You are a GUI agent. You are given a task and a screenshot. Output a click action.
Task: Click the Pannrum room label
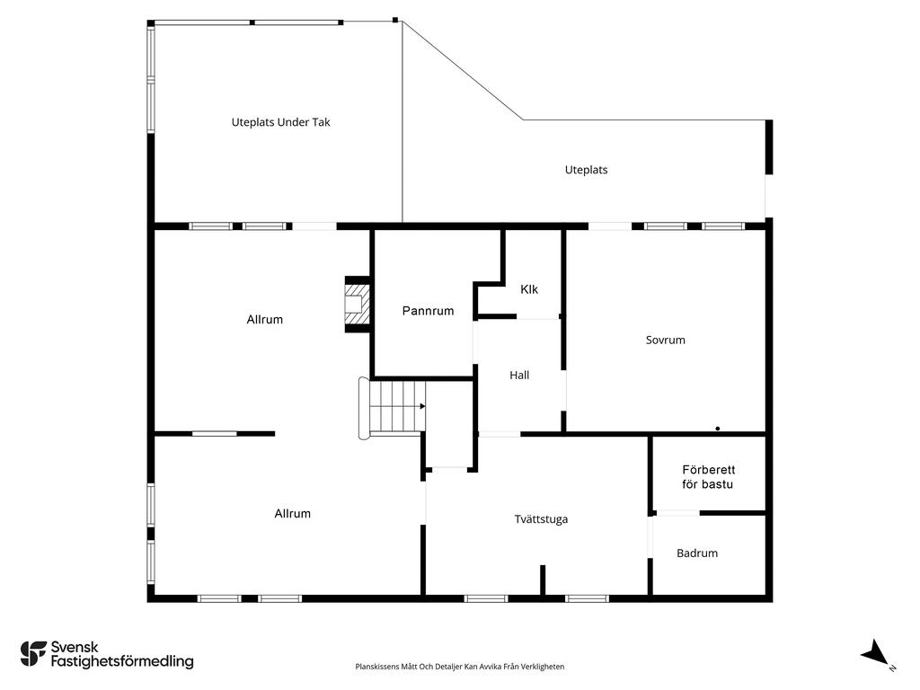click(x=428, y=311)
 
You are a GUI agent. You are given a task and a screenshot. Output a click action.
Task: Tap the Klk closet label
click(x=528, y=289)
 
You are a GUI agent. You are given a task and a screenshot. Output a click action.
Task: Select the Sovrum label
click(x=666, y=340)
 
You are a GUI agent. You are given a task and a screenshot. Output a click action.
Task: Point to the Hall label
click(x=519, y=375)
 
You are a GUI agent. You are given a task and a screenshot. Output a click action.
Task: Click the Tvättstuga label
click(x=541, y=518)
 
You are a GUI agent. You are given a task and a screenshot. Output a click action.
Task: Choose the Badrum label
click(x=697, y=553)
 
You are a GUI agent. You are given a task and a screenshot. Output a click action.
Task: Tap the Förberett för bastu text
click(x=708, y=477)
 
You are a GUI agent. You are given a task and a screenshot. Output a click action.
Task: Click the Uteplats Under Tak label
click(x=280, y=122)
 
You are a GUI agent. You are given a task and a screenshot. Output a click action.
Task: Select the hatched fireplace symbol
click(x=357, y=304)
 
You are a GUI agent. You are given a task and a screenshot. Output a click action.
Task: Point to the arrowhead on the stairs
click(x=422, y=406)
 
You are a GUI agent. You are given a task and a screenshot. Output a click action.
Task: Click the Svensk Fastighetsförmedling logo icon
click(x=33, y=654)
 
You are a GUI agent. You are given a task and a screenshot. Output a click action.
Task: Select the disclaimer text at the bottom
click(x=459, y=667)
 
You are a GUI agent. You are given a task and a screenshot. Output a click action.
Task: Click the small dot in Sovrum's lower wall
click(x=718, y=429)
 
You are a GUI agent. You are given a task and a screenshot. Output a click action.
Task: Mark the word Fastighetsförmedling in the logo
click(x=122, y=661)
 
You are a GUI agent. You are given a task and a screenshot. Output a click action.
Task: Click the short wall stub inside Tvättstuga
click(x=543, y=579)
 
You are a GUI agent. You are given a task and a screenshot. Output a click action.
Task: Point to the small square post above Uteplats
click(x=395, y=20)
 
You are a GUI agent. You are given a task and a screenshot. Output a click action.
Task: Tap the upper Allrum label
click(x=265, y=319)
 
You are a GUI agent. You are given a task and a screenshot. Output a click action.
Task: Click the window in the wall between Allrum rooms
click(x=215, y=434)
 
